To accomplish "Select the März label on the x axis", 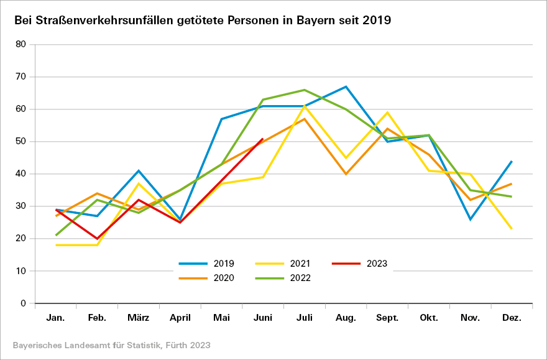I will [x=139, y=318].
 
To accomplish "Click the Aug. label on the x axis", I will [x=346, y=318].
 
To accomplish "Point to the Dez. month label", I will [x=512, y=318].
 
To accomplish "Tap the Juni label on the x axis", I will [x=263, y=318].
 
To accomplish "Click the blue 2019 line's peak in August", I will [x=346, y=86].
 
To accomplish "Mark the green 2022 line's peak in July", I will [x=305, y=90].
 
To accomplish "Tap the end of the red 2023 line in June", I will [x=263, y=139].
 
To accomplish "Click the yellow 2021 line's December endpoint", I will [x=512, y=229].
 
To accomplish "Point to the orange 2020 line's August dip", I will [x=346, y=173].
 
